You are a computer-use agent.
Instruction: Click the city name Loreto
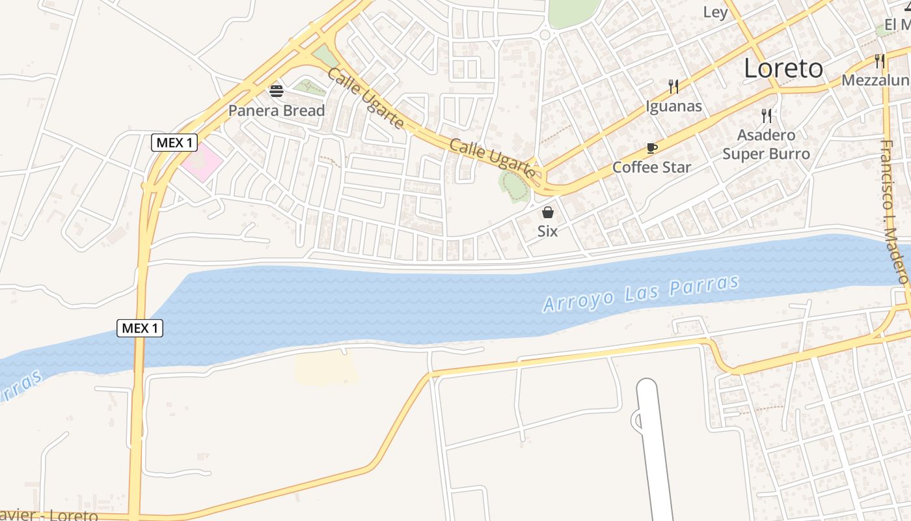pos(783,68)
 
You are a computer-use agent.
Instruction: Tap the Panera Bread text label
pos(276,111)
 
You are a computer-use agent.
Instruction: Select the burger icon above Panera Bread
pos(277,91)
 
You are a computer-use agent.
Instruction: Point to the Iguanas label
pos(673,106)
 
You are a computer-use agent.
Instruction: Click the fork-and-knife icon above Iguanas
pos(673,86)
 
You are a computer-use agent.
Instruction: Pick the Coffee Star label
pos(651,167)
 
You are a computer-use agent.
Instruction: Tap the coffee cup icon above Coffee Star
pos(651,148)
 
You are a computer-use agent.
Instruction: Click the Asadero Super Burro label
pos(766,145)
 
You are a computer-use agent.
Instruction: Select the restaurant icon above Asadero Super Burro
pos(767,116)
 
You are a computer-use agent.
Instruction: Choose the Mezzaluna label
pos(876,80)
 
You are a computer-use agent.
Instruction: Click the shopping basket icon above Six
pos(547,212)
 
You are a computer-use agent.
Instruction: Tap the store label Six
pos(547,231)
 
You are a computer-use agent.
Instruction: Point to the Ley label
pos(715,12)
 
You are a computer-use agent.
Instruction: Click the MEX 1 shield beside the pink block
pos(174,142)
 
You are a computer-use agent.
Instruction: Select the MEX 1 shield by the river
pos(140,328)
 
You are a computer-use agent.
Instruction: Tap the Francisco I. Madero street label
pos(894,212)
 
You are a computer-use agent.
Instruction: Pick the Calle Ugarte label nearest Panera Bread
pos(364,99)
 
